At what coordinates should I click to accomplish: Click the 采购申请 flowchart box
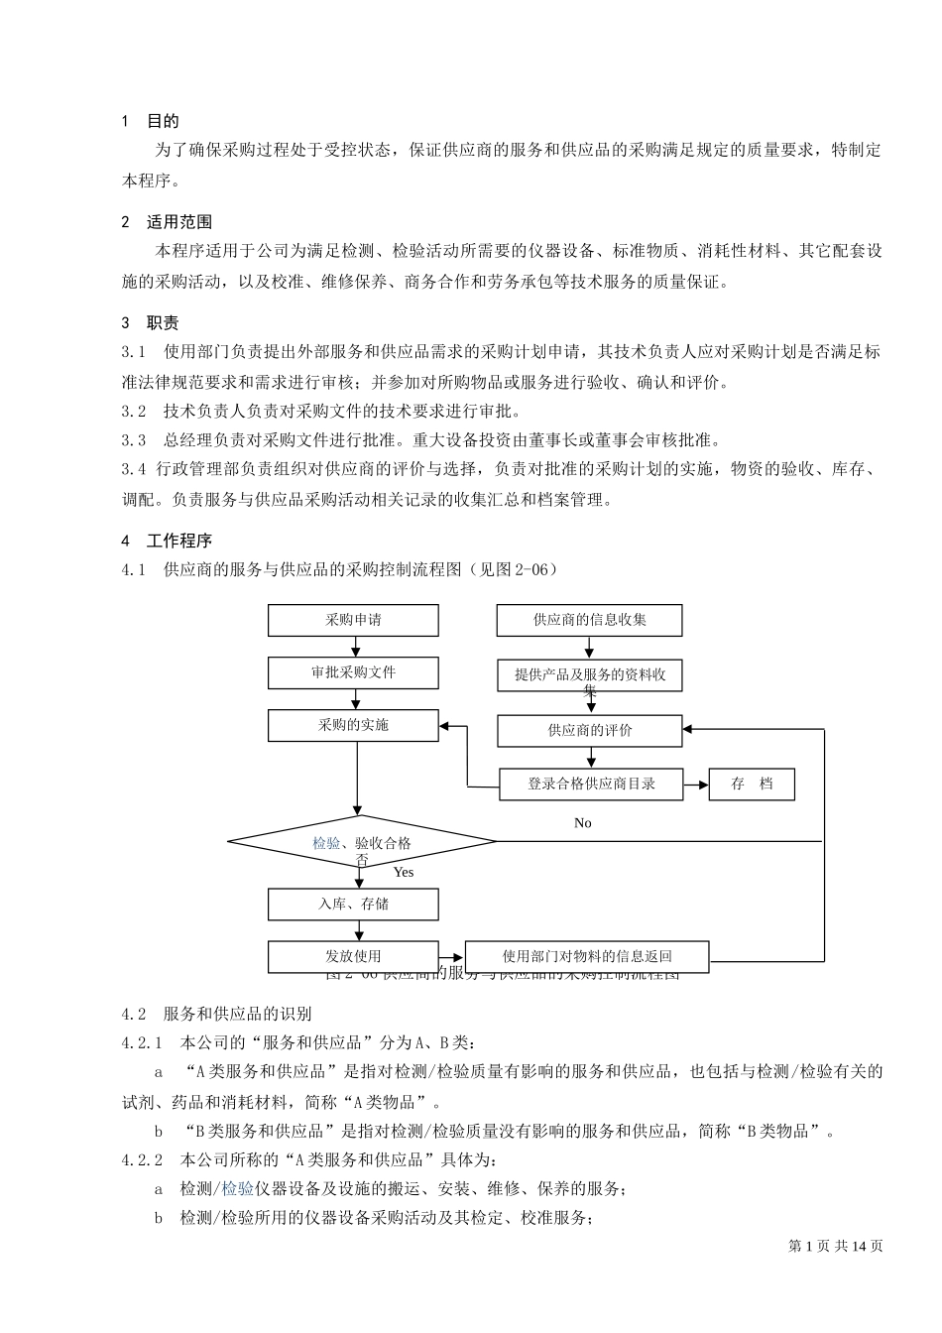pos(353,621)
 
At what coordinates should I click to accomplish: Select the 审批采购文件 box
pos(353,672)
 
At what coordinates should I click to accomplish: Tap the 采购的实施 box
pos(353,725)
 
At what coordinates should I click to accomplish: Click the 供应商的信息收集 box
pos(590,621)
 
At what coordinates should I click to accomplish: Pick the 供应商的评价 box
pos(590,731)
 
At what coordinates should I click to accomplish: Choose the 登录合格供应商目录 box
pos(592,784)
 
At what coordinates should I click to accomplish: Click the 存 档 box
pos(752,784)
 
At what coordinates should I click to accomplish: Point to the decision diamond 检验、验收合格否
pos(362,843)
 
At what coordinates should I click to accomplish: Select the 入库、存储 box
pos(353,904)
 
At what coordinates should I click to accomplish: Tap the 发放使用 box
pos(353,956)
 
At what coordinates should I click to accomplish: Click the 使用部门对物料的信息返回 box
pos(587,956)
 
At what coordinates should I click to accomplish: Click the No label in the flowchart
pos(583,823)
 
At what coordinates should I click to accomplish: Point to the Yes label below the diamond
pos(403,872)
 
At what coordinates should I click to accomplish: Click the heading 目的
pos(163,121)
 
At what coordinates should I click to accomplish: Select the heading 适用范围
pos(179,222)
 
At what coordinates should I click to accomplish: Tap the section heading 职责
pos(163,323)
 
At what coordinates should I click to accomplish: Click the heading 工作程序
pos(179,541)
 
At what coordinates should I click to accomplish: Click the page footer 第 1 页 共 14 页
pos(835,1246)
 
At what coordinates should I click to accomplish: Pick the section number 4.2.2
pos(142,1159)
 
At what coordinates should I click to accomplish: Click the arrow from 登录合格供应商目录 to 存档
pos(695,784)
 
